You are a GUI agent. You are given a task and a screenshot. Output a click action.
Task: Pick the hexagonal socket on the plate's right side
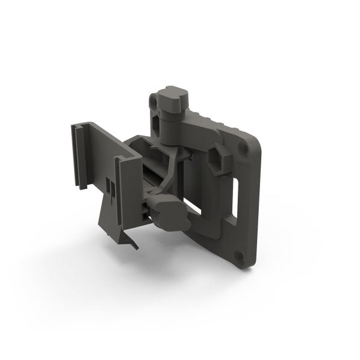pos(224,158)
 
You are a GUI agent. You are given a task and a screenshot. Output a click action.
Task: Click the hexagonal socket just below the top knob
pos(158,126)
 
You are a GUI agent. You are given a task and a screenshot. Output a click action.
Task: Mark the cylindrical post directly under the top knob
pos(170,129)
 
